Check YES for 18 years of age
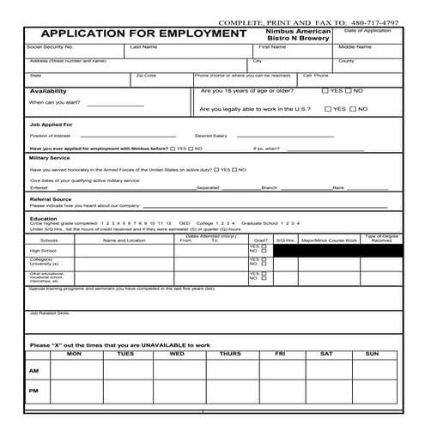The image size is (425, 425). [x=325, y=90]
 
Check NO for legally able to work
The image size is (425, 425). [x=352, y=109]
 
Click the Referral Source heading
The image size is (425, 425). [x=51, y=199]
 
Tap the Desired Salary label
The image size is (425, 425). [x=211, y=136]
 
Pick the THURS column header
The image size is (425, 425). [x=229, y=354]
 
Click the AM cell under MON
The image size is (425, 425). [x=74, y=371]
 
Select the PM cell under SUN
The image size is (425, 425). [x=372, y=391]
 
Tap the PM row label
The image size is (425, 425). [x=33, y=391]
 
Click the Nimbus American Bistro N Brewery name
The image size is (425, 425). [x=293, y=34]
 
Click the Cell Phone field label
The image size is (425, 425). [x=314, y=76]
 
